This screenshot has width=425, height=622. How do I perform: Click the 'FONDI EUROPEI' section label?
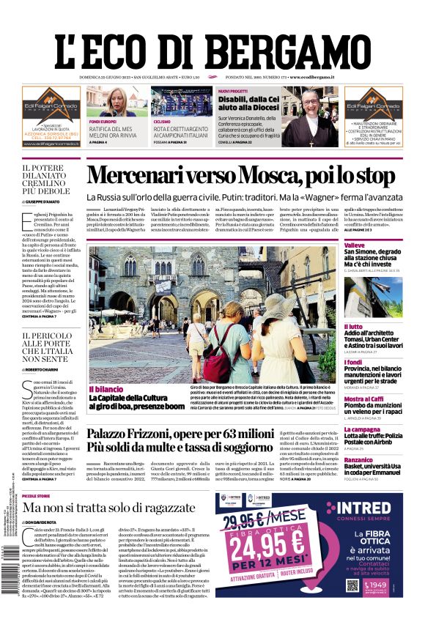coord(103,121)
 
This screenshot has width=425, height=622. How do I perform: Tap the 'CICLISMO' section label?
coord(162,121)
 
